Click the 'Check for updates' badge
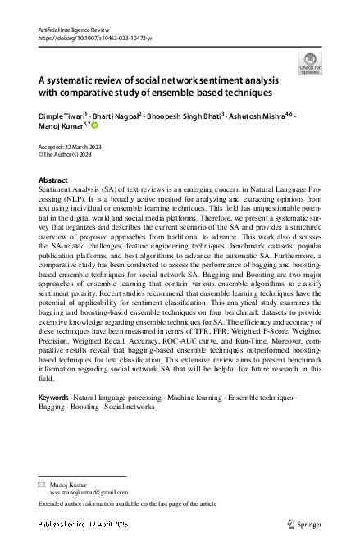tap(310, 62)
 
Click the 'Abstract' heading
tap(53, 180)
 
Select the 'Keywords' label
tap(54, 397)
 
